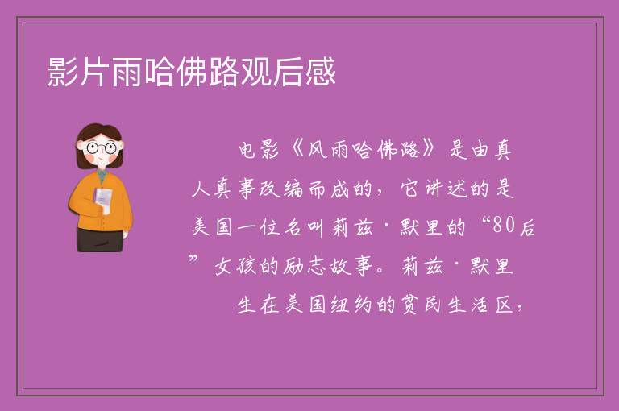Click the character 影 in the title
point(63,72)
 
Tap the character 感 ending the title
point(320,72)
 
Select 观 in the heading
point(255,72)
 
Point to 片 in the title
point(95,72)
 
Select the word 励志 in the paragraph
point(304,266)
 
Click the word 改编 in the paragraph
point(281,189)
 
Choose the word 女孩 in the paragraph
point(235,266)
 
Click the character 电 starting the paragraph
point(247,150)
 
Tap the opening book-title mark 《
point(297,150)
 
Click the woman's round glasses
point(102,148)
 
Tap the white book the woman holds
point(103,198)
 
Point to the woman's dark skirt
point(100,240)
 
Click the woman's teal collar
point(102,175)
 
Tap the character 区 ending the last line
point(505,305)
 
